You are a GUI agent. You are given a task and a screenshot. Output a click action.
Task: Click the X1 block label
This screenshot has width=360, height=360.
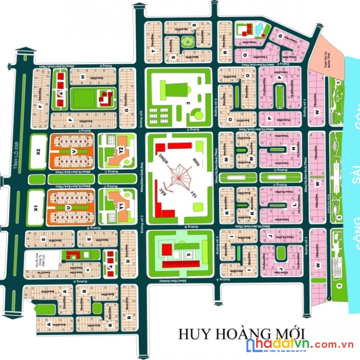coord(36,208)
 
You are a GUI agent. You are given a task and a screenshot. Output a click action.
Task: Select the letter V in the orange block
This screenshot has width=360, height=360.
coord(74,152)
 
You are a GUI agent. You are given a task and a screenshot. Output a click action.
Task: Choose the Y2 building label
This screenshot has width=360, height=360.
coord(121,151)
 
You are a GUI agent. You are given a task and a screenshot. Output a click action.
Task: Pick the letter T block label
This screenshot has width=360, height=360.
coord(153,51)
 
